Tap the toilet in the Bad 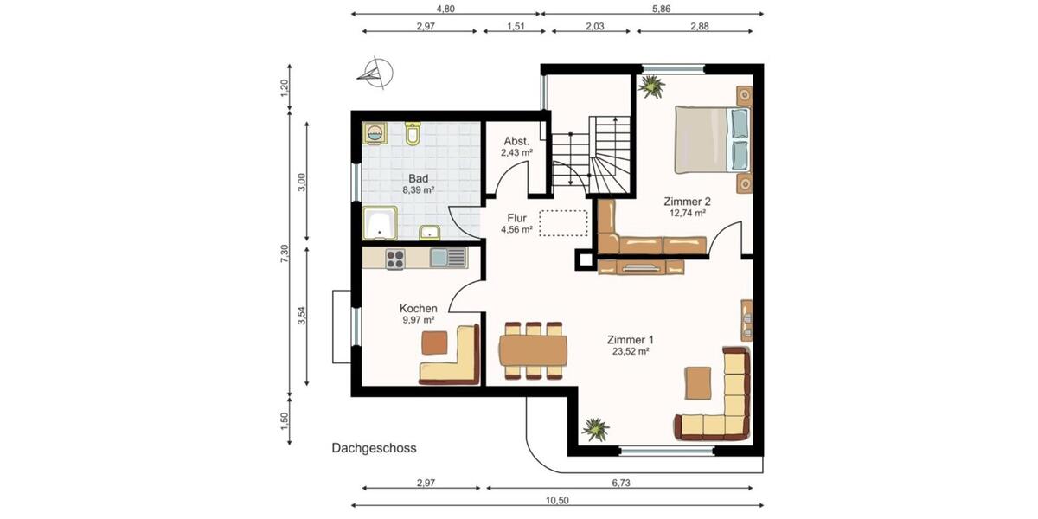413,133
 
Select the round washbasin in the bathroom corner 375,133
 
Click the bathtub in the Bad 380,223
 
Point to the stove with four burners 395,257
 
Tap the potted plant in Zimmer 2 650,85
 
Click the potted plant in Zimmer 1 595,428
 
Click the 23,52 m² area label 630,351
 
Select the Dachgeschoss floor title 374,448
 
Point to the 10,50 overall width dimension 556,499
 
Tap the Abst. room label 516,141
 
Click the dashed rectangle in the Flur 563,222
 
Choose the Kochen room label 418,308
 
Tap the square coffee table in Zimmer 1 698,382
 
